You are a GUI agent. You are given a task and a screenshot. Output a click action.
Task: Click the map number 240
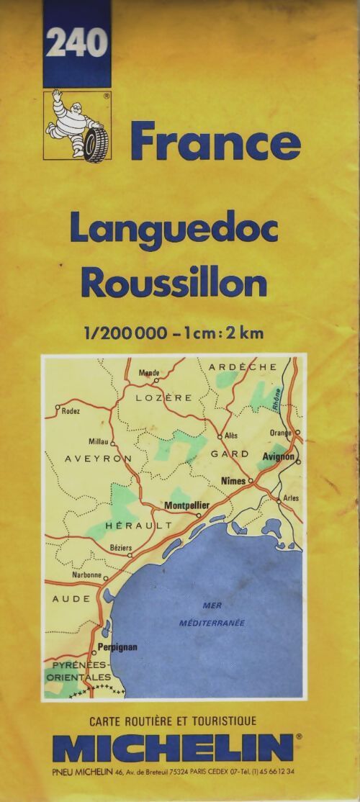(77, 44)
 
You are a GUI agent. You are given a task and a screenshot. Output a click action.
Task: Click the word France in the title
(215, 142)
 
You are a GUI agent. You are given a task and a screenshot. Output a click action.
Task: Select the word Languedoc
(174, 230)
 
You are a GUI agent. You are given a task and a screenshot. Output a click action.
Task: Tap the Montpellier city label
(186, 505)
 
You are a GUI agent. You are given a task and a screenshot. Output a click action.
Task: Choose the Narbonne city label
(86, 575)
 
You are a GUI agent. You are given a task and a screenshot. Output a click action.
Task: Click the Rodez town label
(71, 411)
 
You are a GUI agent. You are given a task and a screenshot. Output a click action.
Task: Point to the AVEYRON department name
(98, 459)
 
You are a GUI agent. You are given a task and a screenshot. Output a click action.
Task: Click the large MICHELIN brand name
(173, 748)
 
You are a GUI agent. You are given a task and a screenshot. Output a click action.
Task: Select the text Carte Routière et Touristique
(173, 721)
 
